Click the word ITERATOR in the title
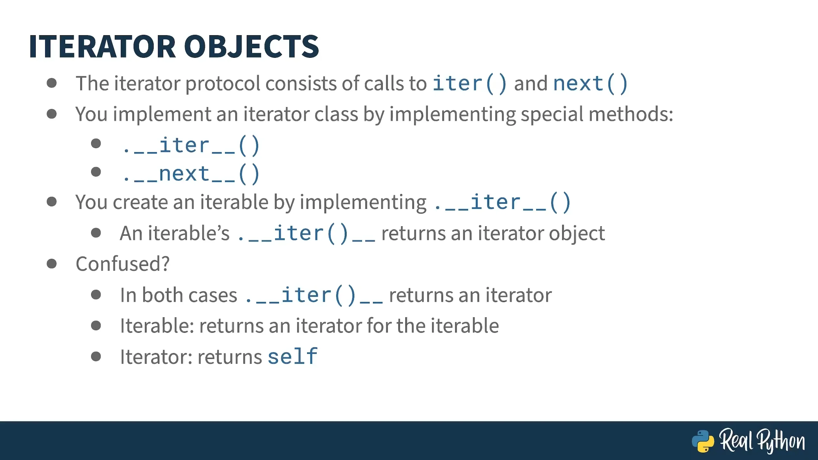point(102,47)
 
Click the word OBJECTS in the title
point(251,47)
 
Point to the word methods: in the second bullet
point(631,114)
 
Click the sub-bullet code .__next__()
point(191,174)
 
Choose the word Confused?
point(122,264)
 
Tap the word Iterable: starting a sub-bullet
point(157,326)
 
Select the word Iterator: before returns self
point(156,357)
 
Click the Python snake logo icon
point(703,441)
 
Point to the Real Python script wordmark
point(762,441)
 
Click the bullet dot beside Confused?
point(51,264)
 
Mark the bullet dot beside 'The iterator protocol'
point(51,83)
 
